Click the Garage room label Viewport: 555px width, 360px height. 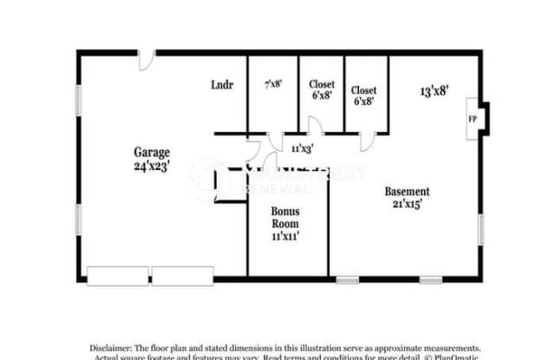pyautogui.click(x=151, y=152)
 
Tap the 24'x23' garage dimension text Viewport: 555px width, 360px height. pyautogui.click(x=151, y=165)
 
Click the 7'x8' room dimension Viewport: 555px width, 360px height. pyautogui.click(x=272, y=85)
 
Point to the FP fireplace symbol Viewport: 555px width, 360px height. pyautogui.click(x=472, y=119)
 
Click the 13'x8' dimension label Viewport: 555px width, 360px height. pyautogui.click(x=434, y=90)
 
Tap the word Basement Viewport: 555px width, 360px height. pyautogui.click(x=407, y=191)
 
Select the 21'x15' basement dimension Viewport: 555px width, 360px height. pyautogui.click(x=407, y=205)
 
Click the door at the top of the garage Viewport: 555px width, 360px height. pyautogui.click(x=146, y=59)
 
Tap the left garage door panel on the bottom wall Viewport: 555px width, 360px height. pyautogui.click(x=118, y=276)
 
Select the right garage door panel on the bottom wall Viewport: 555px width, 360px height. pyautogui.click(x=182, y=276)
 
